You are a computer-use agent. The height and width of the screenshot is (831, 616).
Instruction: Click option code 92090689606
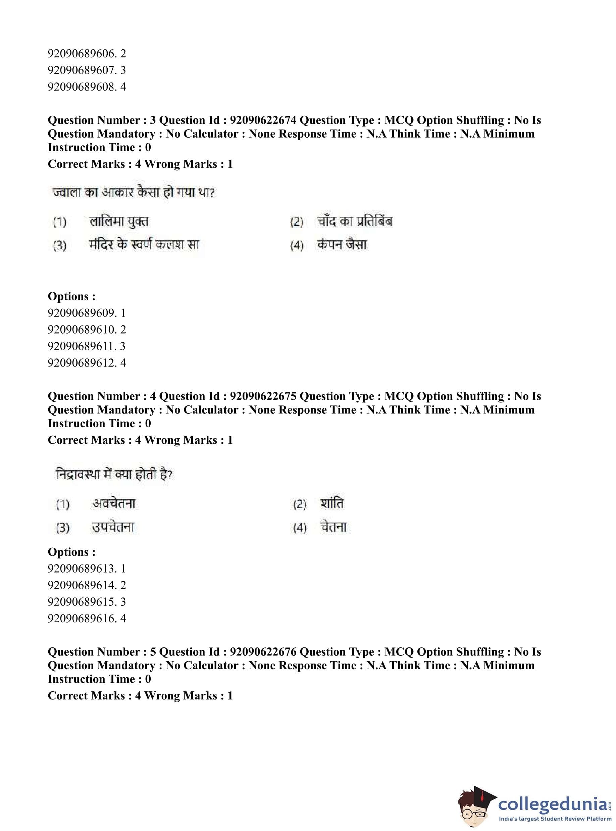tap(87, 54)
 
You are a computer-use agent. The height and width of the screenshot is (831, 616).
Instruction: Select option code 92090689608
tap(87, 87)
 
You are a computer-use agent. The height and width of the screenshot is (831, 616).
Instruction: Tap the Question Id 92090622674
tap(263, 120)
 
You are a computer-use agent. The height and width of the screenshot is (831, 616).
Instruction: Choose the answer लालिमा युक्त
tap(118, 222)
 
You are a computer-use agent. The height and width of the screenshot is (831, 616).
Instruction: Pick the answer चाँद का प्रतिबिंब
tap(355, 222)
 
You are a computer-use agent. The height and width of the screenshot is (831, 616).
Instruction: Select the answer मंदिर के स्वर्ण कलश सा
tap(144, 245)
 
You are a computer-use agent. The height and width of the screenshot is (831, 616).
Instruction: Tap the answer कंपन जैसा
tap(342, 245)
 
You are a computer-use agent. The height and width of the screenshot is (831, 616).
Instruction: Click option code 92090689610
tap(87, 329)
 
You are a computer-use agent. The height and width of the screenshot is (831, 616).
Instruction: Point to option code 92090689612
tap(87, 362)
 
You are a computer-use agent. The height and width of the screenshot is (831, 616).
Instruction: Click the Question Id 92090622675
tap(263, 396)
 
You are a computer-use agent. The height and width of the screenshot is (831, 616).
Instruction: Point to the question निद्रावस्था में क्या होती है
tap(114, 475)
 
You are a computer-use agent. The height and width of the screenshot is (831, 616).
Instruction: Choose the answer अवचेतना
tap(114, 504)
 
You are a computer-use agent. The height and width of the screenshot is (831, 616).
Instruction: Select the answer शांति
tap(332, 504)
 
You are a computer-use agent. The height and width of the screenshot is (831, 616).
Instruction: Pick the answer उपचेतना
tap(113, 527)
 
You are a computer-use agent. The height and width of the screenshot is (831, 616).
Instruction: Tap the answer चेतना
tap(333, 527)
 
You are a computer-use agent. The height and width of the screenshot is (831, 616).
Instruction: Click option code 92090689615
tap(87, 602)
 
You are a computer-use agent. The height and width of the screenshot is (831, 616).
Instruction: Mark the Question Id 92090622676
tap(263, 651)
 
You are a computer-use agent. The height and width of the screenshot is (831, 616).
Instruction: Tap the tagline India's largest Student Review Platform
tap(555, 819)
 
